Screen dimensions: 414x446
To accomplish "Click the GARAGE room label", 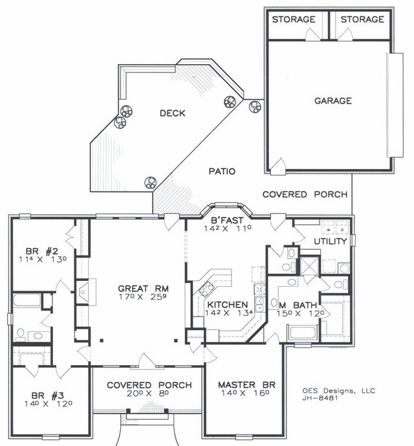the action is click(333, 101).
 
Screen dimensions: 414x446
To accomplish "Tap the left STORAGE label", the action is click(294, 19).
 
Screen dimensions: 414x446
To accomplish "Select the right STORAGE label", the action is click(362, 19).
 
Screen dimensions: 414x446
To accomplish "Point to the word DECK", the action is click(172, 113).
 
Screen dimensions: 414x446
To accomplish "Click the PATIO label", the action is click(222, 172).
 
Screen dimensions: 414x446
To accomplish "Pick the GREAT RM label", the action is click(144, 289).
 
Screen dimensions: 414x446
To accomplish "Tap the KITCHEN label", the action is click(228, 305).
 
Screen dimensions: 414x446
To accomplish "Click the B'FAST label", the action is click(227, 220).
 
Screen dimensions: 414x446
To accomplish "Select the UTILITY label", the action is click(331, 241).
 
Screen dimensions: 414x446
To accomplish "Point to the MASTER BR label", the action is click(246, 385).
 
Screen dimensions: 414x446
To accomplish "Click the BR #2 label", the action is click(42, 251).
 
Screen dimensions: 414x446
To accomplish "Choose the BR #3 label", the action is click(48, 396).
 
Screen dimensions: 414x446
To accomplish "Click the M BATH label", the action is click(298, 305).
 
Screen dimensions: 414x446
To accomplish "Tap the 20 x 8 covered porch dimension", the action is click(148, 394).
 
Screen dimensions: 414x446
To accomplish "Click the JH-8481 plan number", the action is click(320, 398).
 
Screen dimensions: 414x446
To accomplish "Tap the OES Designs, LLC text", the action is click(339, 391).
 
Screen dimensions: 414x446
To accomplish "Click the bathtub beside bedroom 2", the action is click(27, 300).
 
